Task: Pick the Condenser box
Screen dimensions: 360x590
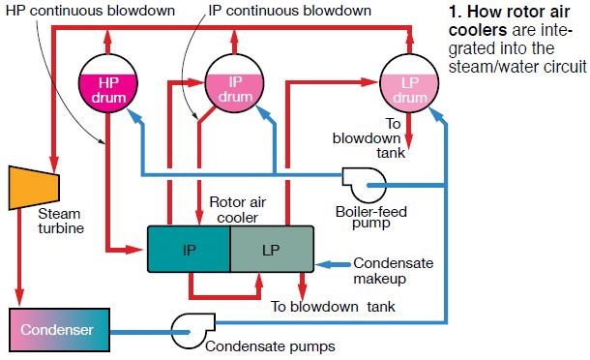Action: pyautogui.click(x=61, y=330)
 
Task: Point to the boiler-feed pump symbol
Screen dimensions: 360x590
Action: pyautogui.click(x=364, y=181)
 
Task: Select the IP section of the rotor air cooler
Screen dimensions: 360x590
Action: pyautogui.click(x=188, y=250)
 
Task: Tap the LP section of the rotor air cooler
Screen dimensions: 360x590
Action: pyautogui.click(x=271, y=250)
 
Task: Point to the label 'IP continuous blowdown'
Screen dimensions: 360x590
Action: pyautogui.click(x=290, y=10)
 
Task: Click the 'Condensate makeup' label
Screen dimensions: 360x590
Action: pyautogui.click(x=392, y=270)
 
